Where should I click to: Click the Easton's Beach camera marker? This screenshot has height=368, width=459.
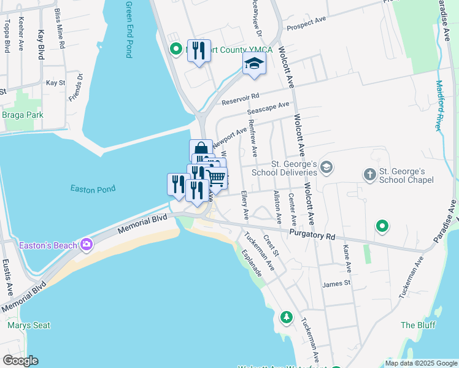tap(87, 245)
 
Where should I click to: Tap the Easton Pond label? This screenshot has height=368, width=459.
tap(93, 190)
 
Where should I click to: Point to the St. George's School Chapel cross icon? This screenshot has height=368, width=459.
tap(369, 175)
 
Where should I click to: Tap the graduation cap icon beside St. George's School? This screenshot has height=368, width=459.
tap(327, 167)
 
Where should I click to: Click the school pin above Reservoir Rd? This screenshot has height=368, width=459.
tap(254, 64)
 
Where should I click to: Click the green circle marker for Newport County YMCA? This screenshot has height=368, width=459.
tap(175, 48)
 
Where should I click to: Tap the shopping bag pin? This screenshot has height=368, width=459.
tap(201, 150)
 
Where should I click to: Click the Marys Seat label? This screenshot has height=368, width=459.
tap(29, 325)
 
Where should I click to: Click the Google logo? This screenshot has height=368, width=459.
tap(20, 361)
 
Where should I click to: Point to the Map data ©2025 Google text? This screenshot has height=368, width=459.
tap(420, 363)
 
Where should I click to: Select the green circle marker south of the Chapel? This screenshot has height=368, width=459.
tap(382, 227)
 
